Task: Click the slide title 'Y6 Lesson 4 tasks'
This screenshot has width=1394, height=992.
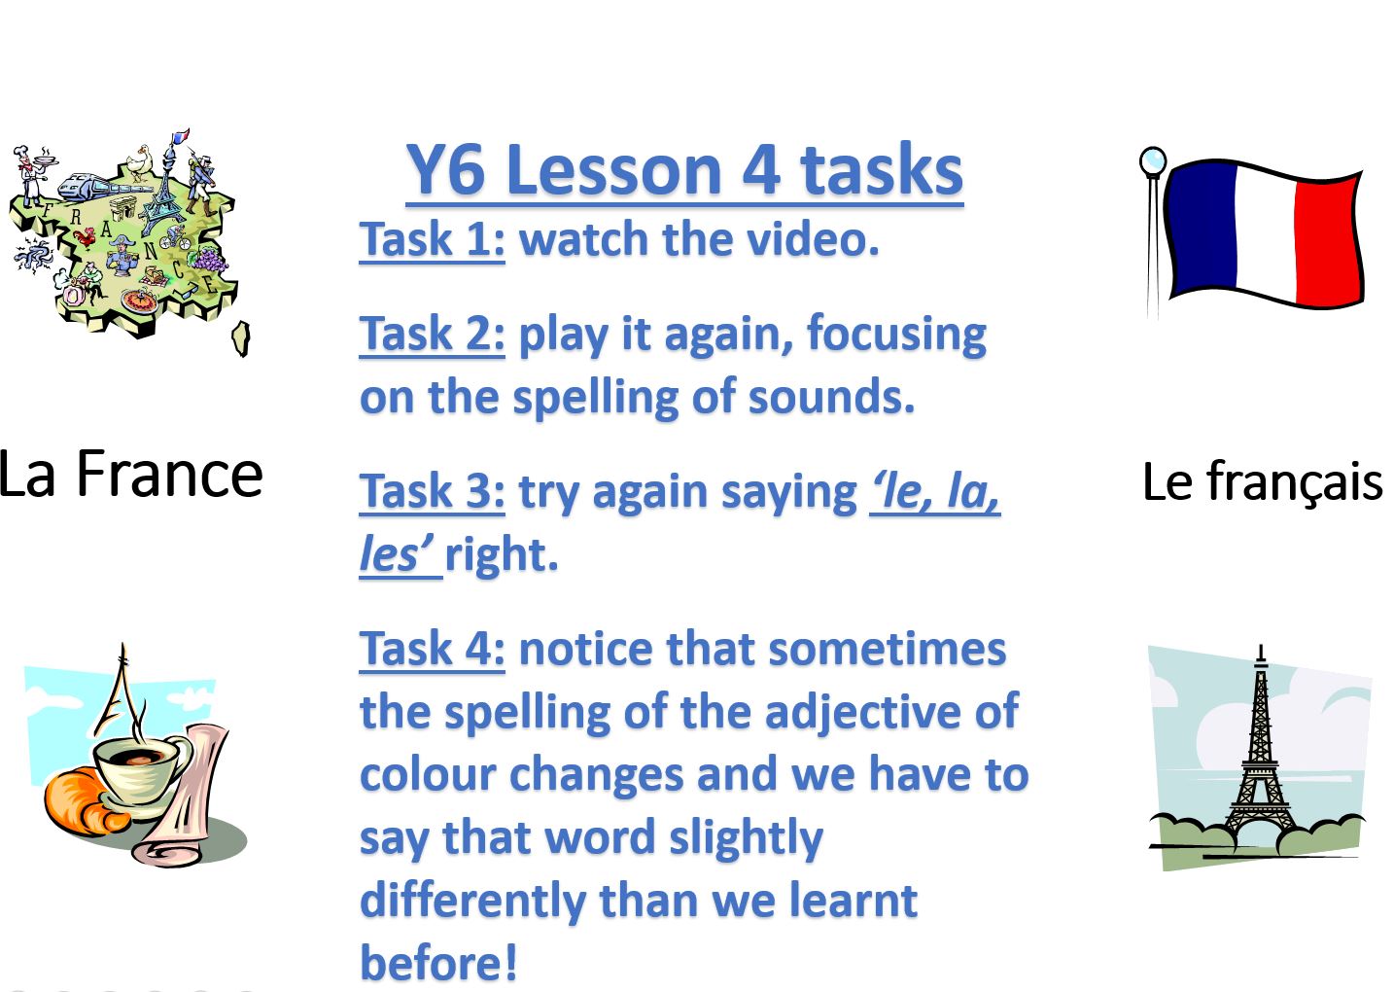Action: click(684, 170)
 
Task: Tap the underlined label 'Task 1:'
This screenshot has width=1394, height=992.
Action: click(432, 239)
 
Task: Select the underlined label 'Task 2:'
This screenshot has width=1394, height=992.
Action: click(432, 334)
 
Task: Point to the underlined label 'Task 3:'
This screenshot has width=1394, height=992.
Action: click(432, 491)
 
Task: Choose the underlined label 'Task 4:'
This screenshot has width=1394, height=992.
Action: click(432, 649)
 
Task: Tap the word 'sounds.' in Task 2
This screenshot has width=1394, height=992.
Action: click(831, 398)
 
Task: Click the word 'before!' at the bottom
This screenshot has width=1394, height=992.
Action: click(438, 963)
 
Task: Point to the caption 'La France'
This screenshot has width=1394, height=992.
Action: click(129, 475)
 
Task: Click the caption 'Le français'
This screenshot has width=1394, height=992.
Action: click(1262, 481)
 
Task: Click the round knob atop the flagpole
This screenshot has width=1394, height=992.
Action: click(1153, 161)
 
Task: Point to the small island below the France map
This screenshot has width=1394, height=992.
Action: click(241, 338)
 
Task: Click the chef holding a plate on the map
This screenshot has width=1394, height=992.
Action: click(31, 174)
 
